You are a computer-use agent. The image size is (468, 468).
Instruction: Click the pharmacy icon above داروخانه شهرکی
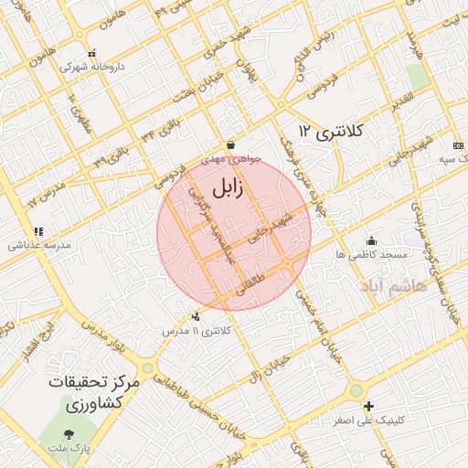pyautogui.click(x=90, y=54)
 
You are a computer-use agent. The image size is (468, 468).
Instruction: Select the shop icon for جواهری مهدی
pyautogui.click(x=229, y=144)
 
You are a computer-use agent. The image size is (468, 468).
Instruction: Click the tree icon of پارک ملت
pyautogui.click(x=69, y=433)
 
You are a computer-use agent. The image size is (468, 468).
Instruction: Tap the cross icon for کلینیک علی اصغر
pyautogui.click(x=368, y=406)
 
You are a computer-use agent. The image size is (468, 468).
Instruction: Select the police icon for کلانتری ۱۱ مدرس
pyautogui.click(x=196, y=317)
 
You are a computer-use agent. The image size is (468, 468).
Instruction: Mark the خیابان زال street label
pyautogui.click(x=269, y=370)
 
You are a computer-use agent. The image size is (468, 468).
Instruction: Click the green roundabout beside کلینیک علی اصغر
pyautogui.click(x=355, y=390)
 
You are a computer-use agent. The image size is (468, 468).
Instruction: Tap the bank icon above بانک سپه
pyautogui.click(x=458, y=145)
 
